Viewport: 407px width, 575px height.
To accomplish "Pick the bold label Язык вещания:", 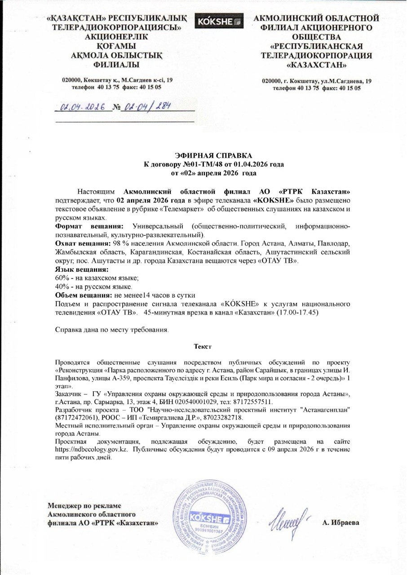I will pos(81,270).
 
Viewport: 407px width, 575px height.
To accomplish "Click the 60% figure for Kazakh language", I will pos(63,278).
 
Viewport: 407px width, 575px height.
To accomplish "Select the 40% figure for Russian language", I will pos(63,286).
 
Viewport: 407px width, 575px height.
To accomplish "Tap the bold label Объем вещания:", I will pos(84,294).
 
